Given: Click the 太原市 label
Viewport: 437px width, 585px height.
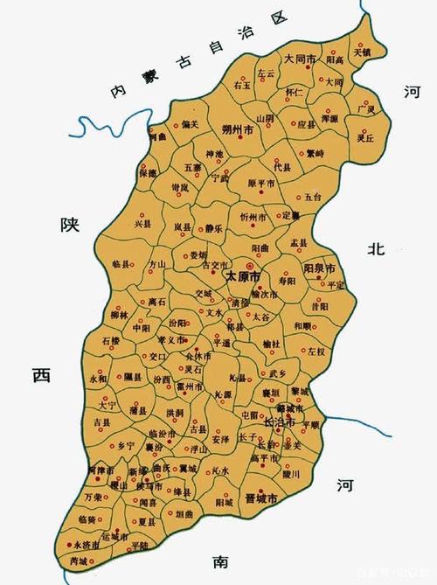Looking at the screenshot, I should (244, 275).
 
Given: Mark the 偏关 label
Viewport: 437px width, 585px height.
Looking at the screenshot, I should (190, 123).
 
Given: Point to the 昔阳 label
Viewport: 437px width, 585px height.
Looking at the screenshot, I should (319, 307).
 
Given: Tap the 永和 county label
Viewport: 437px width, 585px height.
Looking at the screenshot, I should (98, 380).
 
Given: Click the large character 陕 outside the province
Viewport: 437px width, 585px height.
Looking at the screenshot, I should (70, 225).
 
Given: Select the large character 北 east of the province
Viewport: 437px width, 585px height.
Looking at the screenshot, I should (376, 249).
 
